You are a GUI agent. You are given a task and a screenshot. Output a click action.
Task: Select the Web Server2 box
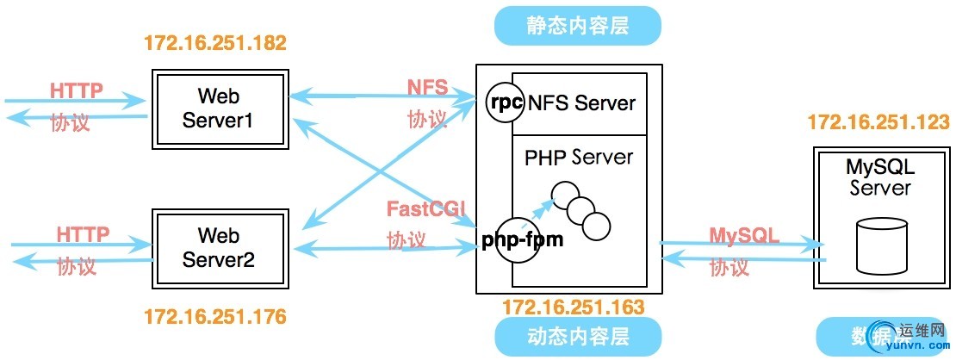pos(219,246)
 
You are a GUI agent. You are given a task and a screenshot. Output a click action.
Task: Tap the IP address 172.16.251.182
pos(214,42)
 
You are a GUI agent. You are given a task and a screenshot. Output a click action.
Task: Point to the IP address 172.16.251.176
pos(214,317)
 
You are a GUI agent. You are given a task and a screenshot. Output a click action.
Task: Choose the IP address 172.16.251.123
pos(878,123)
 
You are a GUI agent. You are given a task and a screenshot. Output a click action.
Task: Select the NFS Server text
pos(581,103)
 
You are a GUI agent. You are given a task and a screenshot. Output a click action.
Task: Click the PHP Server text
pos(578,158)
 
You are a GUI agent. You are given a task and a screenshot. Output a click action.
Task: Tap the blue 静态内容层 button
pos(577,26)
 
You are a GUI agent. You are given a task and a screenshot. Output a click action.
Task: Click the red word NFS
pos(428,88)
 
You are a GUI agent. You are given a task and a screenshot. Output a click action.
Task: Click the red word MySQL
pos(744,235)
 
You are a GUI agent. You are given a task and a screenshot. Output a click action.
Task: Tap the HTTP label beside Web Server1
pos(77,90)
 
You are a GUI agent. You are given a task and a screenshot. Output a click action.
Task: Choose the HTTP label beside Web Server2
pos(83,234)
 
